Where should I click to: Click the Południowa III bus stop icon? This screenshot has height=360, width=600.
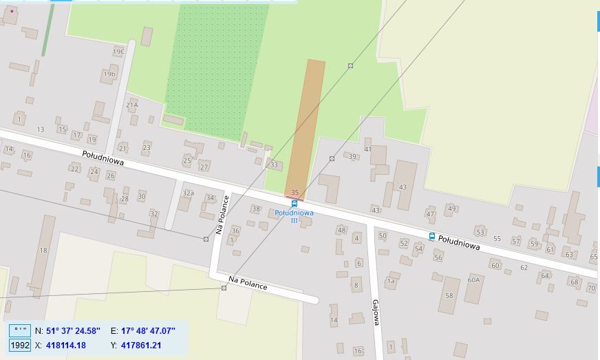click(x=294, y=204)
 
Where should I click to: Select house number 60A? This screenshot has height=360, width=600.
click(x=473, y=280)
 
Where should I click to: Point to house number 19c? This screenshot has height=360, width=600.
click(x=119, y=51)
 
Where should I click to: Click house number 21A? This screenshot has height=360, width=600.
click(x=132, y=105)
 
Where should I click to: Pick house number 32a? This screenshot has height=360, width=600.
click(x=188, y=193)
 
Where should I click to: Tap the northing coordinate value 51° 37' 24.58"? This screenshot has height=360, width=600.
click(x=74, y=331)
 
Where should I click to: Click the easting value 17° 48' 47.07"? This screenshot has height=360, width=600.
click(x=148, y=331)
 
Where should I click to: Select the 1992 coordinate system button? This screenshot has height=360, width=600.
click(x=20, y=345)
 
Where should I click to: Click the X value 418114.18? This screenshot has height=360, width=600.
click(x=65, y=345)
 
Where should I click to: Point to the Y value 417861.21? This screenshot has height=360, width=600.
click(x=141, y=345)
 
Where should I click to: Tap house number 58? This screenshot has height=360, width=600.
click(x=449, y=295)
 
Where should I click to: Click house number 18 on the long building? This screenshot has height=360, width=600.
click(x=43, y=250)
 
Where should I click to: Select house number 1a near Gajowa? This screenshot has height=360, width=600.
click(x=391, y=281)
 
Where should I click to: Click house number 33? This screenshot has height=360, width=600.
click(x=274, y=165)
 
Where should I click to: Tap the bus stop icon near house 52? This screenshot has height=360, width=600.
click(x=432, y=236)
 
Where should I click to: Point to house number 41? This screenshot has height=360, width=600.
click(x=367, y=149)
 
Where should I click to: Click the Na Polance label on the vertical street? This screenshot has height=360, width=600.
click(x=221, y=214)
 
